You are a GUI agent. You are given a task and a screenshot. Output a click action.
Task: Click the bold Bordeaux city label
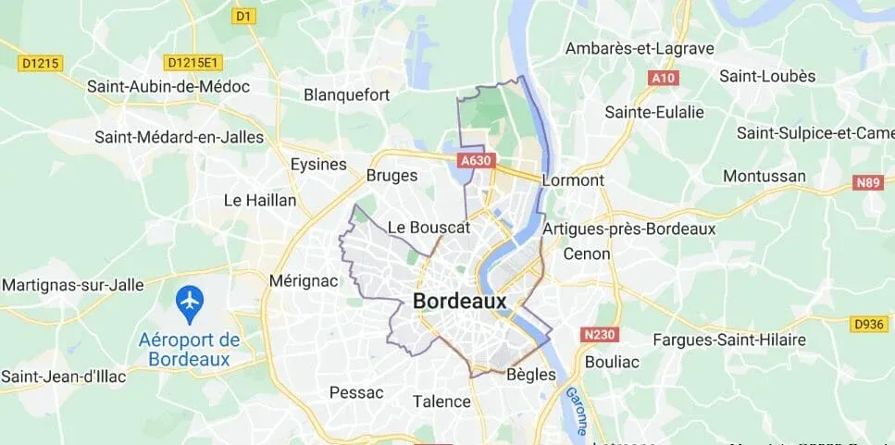coord(460,302)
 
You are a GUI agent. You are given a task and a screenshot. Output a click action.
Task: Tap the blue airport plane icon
coord(190,300)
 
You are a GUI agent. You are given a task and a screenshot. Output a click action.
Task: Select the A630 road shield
coord(474,161)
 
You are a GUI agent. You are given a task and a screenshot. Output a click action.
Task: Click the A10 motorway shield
coord(664,79)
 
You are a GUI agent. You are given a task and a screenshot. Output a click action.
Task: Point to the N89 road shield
coord(868,183)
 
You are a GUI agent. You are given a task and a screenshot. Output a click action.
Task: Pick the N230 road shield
coord(601,333)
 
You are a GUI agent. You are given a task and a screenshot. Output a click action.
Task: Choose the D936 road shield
coord(869,323)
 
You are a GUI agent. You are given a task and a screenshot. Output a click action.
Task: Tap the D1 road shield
coord(243,16)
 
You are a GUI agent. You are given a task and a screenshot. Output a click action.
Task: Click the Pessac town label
coord(356,392)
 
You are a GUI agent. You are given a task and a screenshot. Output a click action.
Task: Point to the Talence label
coord(441,402)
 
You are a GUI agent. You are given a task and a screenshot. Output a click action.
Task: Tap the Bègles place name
coord(531,375)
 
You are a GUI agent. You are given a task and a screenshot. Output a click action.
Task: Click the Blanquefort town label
coord(347,94)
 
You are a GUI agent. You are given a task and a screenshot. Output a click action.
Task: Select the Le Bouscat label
coord(429,227)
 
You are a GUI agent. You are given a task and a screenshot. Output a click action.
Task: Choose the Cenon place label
coord(587,253)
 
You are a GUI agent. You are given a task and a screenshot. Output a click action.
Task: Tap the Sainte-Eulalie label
coord(654,112)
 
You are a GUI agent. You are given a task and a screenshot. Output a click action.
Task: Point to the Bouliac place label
coord(612,362)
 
